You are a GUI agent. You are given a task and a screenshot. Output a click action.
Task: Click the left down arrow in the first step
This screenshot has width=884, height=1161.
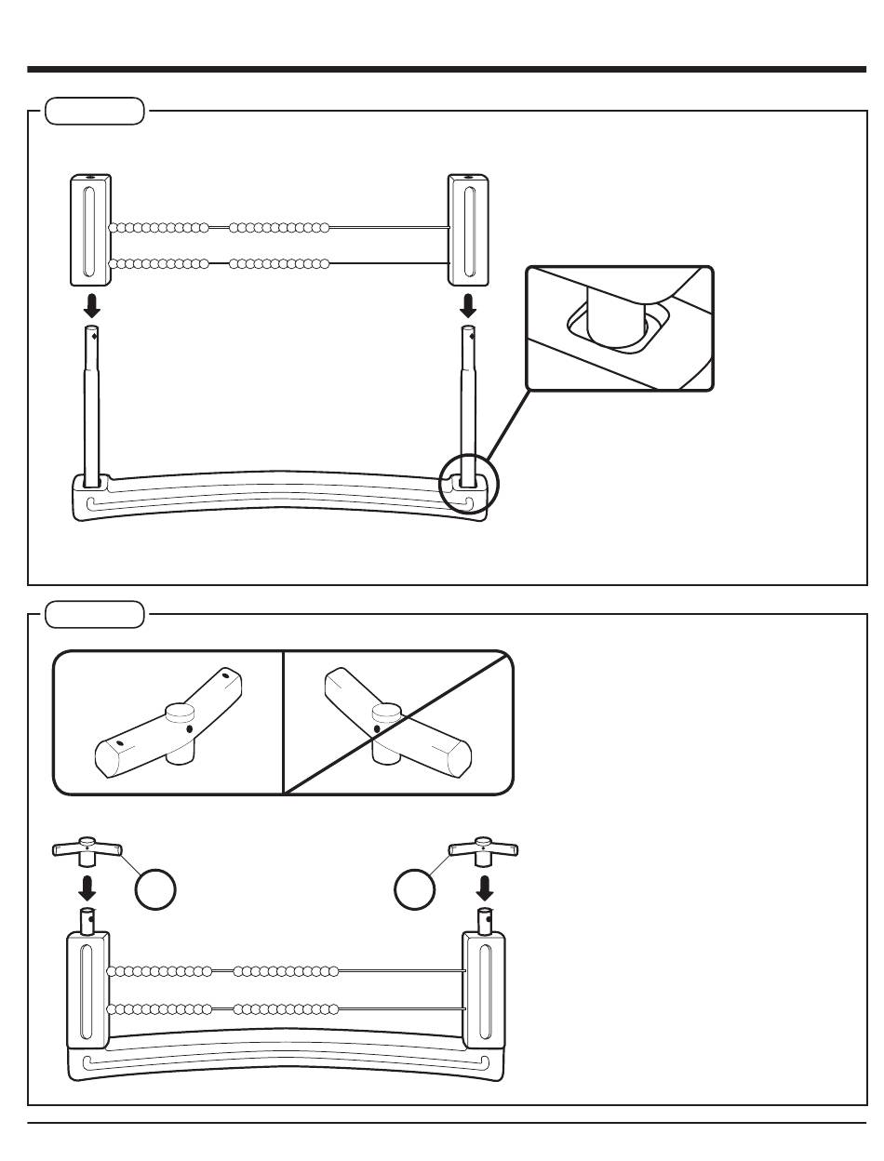click(x=92, y=305)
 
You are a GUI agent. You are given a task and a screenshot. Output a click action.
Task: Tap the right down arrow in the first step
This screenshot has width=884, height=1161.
click(x=468, y=305)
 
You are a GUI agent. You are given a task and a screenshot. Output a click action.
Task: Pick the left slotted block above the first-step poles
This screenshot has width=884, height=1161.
click(x=90, y=229)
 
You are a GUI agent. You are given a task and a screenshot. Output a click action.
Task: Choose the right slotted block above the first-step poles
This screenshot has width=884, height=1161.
click(x=468, y=229)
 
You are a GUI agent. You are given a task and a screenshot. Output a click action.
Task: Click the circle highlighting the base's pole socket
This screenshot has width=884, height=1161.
click(x=468, y=484)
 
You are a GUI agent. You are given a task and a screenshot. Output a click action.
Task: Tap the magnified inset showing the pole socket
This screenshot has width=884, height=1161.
click(x=620, y=328)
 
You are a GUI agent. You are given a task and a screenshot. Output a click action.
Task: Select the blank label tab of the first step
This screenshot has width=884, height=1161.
click(x=95, y=112)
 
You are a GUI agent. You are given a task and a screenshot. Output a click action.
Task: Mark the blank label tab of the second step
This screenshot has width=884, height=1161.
click(x=95, y=615)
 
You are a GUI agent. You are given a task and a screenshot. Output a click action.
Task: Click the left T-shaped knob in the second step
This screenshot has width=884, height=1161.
click(x=87, y=849)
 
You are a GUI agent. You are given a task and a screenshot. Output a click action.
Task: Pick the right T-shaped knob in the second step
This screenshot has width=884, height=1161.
click(x=484, y=849)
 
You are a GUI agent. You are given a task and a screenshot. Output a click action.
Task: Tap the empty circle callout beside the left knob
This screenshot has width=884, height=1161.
click(x=155, y=890)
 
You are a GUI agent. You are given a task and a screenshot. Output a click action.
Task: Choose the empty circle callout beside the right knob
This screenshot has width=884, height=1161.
click(x=415, y=890)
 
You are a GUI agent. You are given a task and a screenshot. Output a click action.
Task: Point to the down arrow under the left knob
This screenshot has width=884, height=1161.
click(x=87, y=885)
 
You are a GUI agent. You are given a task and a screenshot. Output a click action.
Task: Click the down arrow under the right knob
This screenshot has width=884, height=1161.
click(x=484, y=885)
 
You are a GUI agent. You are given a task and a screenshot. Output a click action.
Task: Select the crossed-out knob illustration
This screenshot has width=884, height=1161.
click(x=398, y=723)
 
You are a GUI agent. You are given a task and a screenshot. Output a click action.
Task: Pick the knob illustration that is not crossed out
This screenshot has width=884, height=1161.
click(x=167, y=723)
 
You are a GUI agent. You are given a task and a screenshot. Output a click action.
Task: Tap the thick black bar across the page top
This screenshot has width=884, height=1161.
click(x=447, y=69)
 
